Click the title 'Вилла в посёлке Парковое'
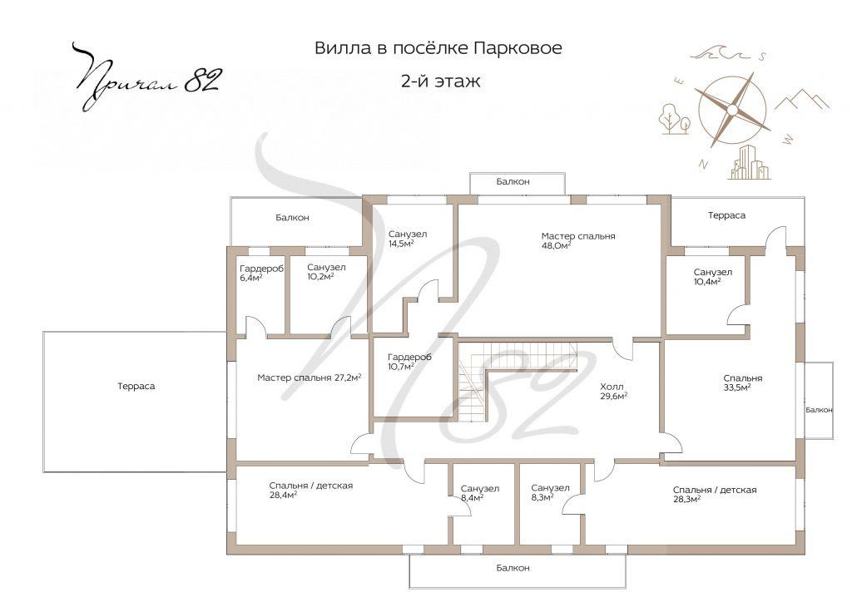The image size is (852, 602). point(438,48)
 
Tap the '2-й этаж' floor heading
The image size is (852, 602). point(439,81)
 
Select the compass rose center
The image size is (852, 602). point(732,109)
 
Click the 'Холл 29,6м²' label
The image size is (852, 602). point(613,391)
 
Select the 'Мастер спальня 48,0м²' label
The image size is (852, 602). point(578,240)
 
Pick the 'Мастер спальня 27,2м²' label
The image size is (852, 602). point(309,377)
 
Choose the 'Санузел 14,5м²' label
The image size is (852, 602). point(408,239)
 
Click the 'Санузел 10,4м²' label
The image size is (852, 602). point(712,277)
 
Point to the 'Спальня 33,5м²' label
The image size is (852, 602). point(742,382)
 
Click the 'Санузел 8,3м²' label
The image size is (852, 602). point(549,493)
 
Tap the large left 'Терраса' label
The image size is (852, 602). point(136,387)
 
